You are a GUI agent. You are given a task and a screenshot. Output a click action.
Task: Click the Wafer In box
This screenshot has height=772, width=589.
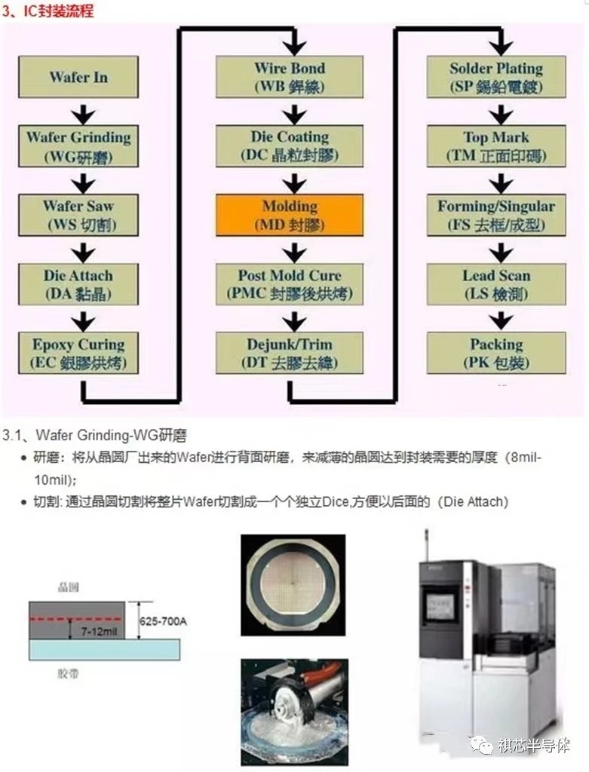click(x=79, y=77)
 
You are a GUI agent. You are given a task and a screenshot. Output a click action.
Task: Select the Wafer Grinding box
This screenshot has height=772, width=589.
click(x=79, y=146)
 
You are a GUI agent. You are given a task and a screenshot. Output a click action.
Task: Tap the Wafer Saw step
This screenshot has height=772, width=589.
click(x=79, y=215)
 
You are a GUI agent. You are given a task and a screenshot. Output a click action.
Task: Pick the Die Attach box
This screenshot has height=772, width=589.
click(x=79, y=284)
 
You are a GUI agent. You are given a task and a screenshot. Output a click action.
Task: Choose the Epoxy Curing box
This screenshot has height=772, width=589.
click(x=79, y=354)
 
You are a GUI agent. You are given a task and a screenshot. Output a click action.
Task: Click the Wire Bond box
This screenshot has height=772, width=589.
click(x=290, y=77)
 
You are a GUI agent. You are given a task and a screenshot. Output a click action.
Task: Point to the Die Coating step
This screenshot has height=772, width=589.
click(x=290, y=146)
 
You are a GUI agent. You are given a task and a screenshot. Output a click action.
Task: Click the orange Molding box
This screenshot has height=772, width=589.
click(x=290, y=215)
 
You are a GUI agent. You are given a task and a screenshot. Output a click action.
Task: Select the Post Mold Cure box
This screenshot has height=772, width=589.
click(x=290, y=284)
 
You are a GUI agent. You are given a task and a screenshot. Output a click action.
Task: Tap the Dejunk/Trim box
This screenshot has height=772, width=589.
click(x=290, y=354)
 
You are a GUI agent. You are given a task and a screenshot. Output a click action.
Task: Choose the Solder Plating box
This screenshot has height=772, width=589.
click(x=496, y=77)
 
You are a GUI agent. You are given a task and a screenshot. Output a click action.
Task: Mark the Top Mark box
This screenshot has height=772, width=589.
click(x=496, y=146)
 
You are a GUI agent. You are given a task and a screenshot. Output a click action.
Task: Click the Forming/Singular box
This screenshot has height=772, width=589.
click(x=496, y=215)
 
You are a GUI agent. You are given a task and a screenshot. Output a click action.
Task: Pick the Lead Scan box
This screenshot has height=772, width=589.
click(x=496, y=284)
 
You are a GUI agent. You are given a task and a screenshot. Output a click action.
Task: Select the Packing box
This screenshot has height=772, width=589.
click(x=496, y=354)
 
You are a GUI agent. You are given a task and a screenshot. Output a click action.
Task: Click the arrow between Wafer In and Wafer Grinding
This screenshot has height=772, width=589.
click(x=84, y=113)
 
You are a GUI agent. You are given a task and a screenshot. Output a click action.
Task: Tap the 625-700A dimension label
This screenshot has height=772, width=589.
click(x=164, y=621)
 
